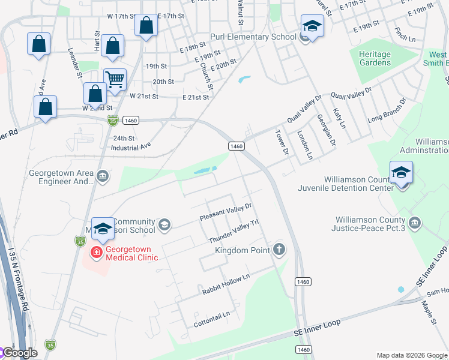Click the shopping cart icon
pos(115,79)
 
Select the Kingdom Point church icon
pos(279,249)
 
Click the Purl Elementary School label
pos(253,37)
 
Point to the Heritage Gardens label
pos(375,58)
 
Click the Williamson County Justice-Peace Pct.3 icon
pos(414,224)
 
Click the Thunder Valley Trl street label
pos(233,230)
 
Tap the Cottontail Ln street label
pos(211,319)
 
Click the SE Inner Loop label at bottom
pos(317,326)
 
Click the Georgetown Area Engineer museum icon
pos(103,176)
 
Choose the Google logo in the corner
pos(19,353)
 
